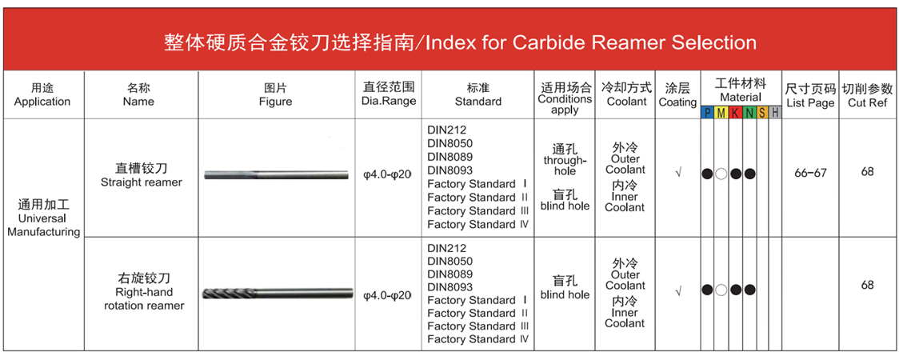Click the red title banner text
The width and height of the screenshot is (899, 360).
(460, 42)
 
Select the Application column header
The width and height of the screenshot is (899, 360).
(42, 95)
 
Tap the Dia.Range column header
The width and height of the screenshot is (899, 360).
(389, 94)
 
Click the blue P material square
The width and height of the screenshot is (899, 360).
(707, 113)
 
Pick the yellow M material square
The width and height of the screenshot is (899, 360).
(721, 113)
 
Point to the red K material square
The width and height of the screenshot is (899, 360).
(734, 113)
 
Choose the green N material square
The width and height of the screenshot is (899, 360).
(749, 113)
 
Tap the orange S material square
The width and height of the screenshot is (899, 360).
(762, 113)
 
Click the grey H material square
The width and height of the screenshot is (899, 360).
(775, 113)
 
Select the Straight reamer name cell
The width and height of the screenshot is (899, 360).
(141, 175)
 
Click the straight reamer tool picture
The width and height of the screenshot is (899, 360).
(277, 175)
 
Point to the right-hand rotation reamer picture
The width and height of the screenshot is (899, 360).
(278, 293)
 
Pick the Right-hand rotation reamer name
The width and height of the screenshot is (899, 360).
(144, 292)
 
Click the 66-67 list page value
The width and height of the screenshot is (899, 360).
(811, 173)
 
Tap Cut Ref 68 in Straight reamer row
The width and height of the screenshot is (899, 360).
(867, 171)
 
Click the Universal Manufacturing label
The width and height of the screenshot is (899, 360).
(43, 218)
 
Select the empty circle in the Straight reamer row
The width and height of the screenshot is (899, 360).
(721, 173)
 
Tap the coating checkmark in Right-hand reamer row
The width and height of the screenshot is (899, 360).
(678, 291)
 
